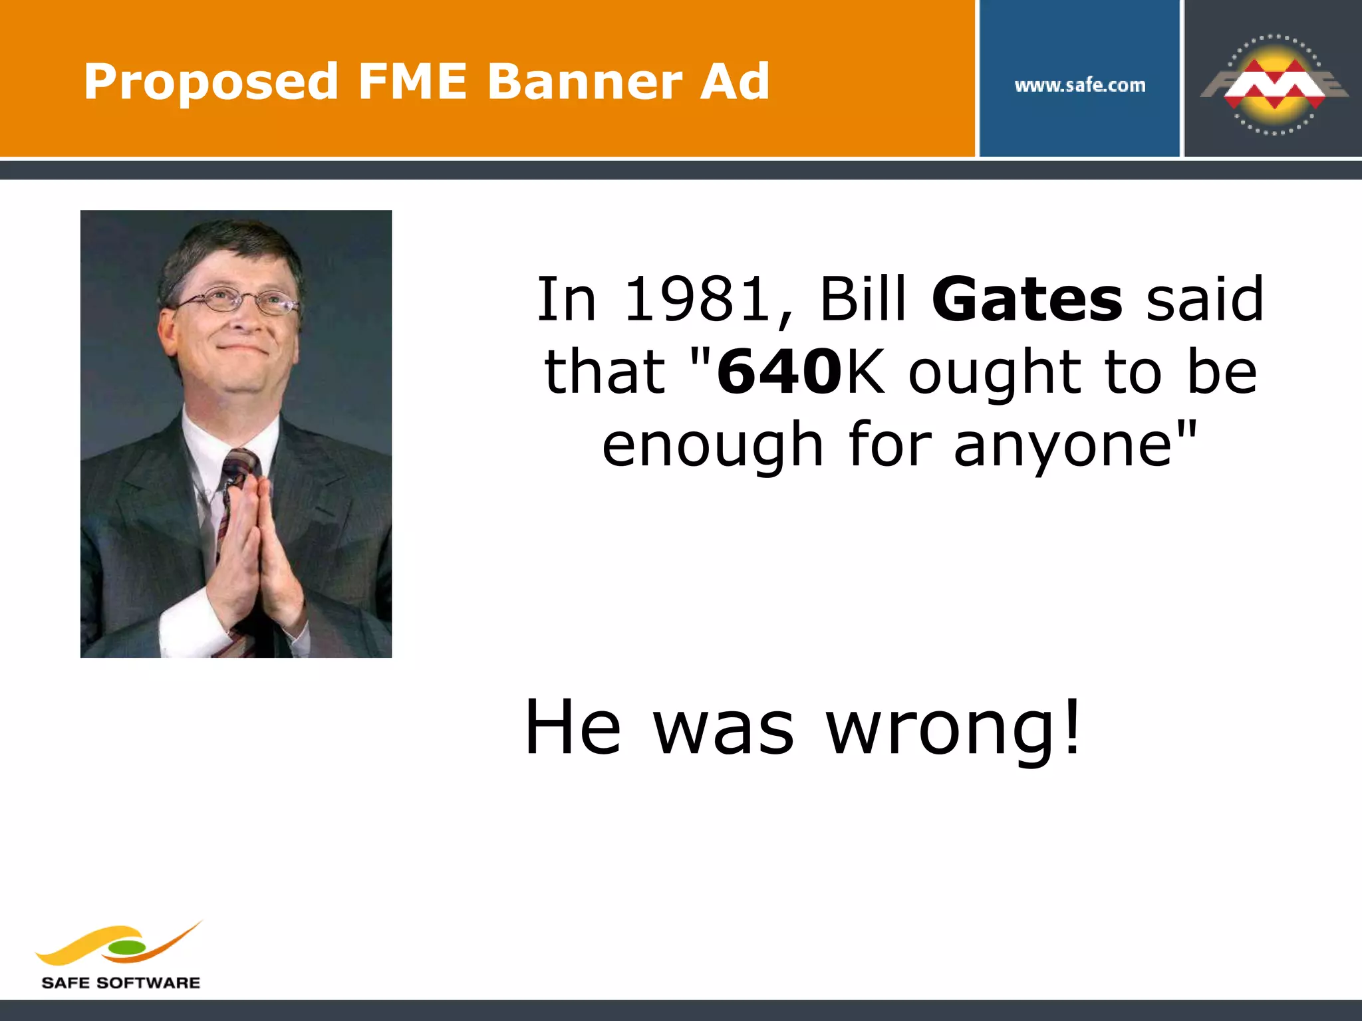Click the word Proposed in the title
coord(211,82)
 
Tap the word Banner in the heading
coord(585,82)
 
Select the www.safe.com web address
coord(1079,85)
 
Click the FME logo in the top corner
coord(1274,84)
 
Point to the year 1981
coord(698,299)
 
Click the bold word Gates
coord(1027,299)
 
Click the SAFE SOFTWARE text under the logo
coord(120,982)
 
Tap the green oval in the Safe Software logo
coord(126,947)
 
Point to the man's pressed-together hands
coord(253,552)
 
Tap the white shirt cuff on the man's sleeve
coord(190,622)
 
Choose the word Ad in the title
coord(735,82)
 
